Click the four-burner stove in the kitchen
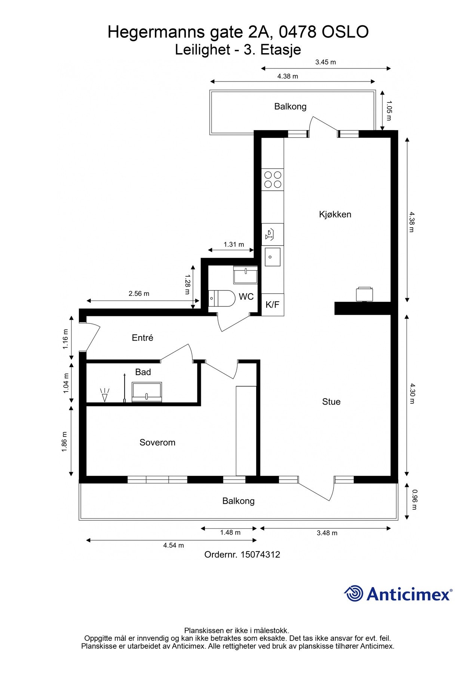[x=273, y=179]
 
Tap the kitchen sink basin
[x=273, y=257]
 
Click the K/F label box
[x=273, y=305]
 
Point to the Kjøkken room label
[x=335, y=214]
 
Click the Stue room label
[x=331, y=402]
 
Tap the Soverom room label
[x=157, y=442]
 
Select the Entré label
[x=142, y=338]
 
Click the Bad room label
[x=143, y=372]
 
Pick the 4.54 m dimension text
[x=173, y=545]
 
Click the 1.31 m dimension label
[x=234, y=245]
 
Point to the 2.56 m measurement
[x=139, y=294]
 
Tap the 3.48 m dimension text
[x=327, y=533]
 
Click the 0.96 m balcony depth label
[x=414, y=500]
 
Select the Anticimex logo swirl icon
[x=354, y=593]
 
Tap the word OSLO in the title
[x=345, y=32]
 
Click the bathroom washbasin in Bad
[x=147, y=392]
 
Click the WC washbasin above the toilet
[x=245, y=275]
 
